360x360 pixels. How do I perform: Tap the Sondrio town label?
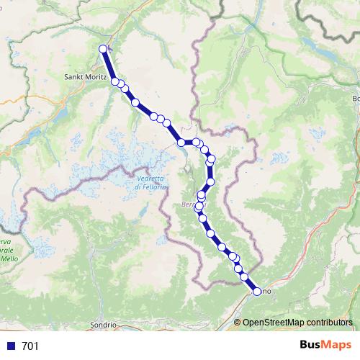coord(103,325)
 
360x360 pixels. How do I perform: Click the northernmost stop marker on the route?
coord(103,49)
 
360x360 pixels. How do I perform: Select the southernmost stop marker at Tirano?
coord(257,292)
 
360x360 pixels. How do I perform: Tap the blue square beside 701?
coord(10,346)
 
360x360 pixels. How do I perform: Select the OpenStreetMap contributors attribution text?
coord(298,322)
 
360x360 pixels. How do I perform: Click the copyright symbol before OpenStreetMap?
coord(238,322)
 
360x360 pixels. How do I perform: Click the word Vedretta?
coord(150,179)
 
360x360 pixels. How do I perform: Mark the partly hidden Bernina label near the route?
coord(189,205)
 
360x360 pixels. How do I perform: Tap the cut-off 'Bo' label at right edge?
coord(356,99)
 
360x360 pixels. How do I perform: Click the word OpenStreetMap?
coord(274,322)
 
